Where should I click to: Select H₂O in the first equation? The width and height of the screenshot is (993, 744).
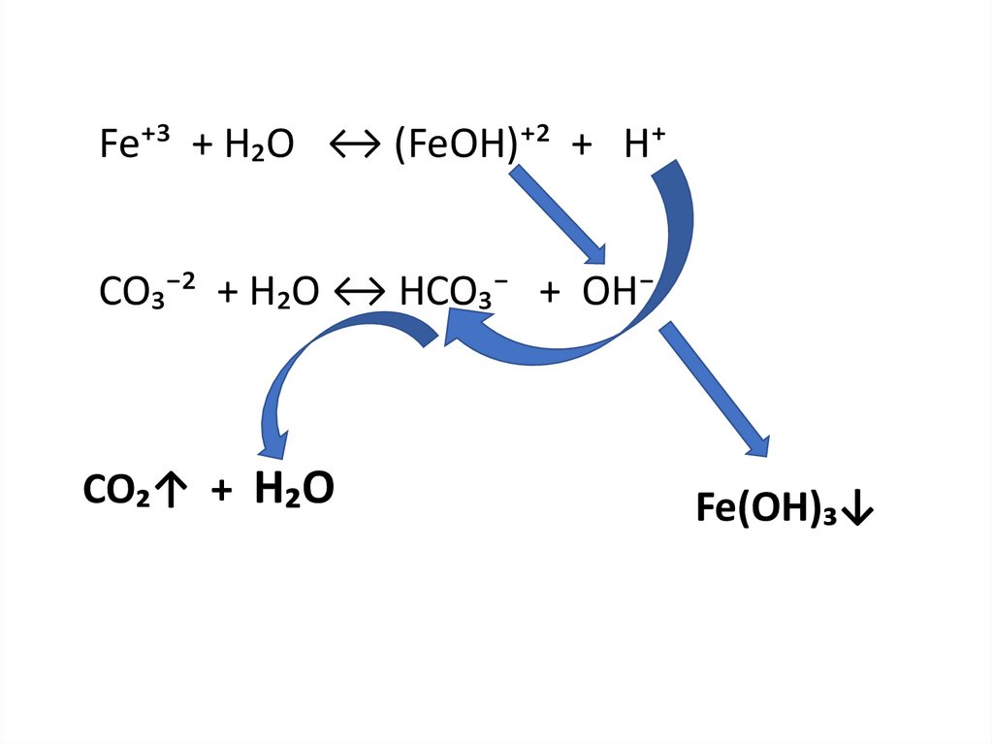258,146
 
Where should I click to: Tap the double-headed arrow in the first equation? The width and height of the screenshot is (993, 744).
358,146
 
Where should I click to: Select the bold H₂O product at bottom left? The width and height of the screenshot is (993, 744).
294,490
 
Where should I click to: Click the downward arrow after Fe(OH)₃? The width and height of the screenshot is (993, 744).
858,510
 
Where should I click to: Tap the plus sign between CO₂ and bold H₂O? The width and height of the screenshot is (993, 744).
222,492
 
